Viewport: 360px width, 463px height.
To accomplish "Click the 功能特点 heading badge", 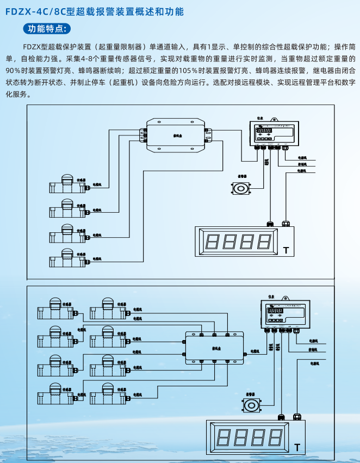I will click(x=47, y=28).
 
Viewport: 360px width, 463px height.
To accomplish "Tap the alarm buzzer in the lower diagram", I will click(x=251, y=405).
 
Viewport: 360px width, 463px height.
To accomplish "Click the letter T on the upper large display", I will click(x=286, y=251).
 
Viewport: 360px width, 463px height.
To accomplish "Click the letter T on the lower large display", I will click(x=297, y=447).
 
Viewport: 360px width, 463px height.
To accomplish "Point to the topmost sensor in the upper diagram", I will click(x=67, y=183).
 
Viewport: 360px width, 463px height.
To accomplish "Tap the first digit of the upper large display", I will click(x=213, y=241).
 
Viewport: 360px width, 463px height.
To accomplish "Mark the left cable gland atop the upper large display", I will click(x=270, y=223).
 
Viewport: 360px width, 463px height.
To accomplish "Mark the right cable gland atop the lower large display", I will click(x=297, y=417).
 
